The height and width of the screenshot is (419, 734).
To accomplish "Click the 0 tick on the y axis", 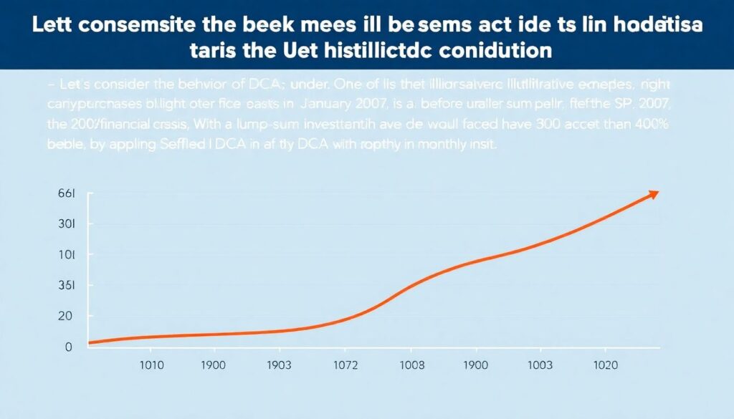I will coord(68,347).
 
